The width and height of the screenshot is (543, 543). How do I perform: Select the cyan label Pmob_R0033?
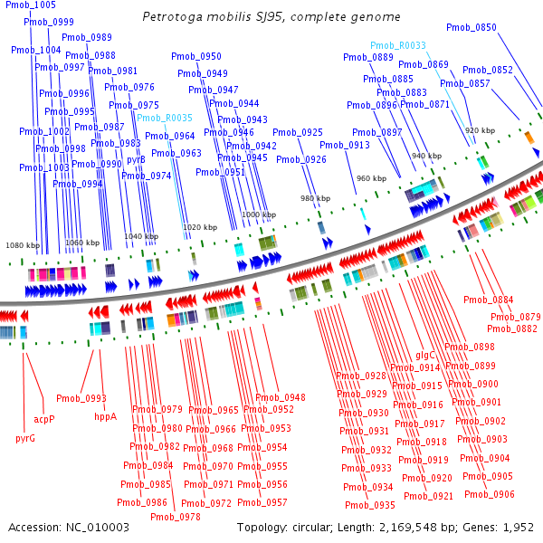(x=397, y=45)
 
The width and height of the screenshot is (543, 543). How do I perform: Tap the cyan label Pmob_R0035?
(x=165, y=119)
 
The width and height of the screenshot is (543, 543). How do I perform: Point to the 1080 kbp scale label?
(x=22, y=245)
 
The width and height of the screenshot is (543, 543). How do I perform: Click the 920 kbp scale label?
(x=480, y=131)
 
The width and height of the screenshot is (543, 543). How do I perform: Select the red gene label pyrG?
(x=25, y=438)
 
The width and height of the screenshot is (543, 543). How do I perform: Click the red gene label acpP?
(x=44, y=419)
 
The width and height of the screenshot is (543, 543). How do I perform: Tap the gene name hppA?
(x=106, y=417)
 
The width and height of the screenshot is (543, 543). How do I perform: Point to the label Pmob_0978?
(x=176, y=517)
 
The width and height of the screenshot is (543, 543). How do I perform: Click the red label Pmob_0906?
(x=490, y=494)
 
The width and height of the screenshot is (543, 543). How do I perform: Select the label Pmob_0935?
(x=370, y=505)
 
